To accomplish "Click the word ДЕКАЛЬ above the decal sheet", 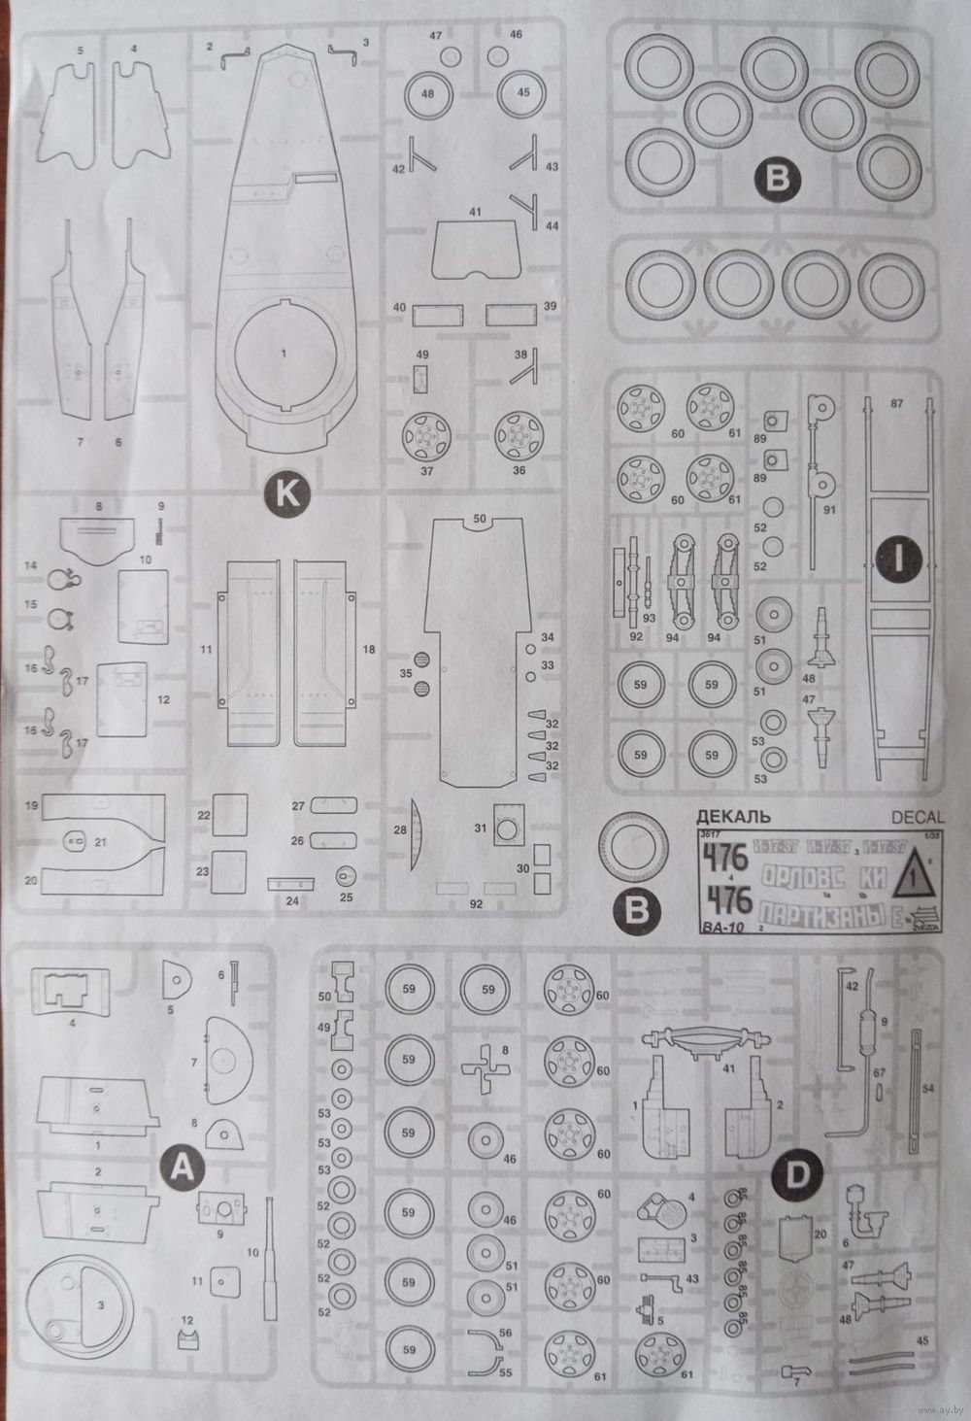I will pos(733,816).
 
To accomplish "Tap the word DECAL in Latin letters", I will pos(916,817).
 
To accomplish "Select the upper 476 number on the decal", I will pos(726,858).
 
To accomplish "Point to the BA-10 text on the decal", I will pos(720,928).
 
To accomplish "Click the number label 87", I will pos(897,403).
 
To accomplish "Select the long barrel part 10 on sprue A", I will pos(269,1258).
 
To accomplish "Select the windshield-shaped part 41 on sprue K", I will pos(475,247).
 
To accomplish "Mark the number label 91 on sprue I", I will pos(828,510).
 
